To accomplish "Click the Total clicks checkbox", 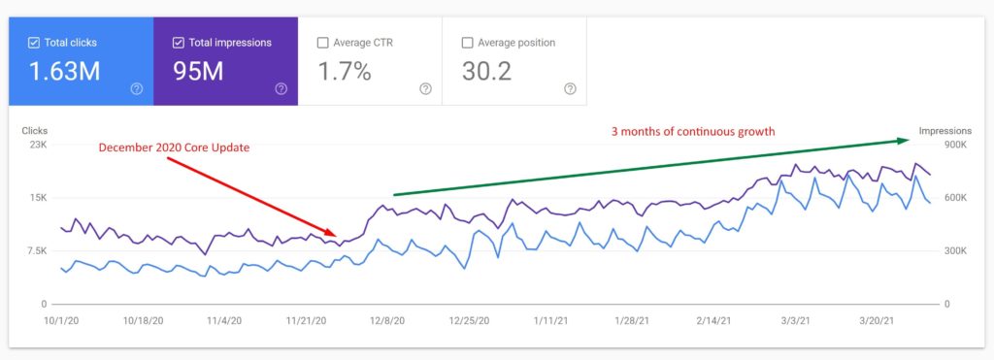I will point(34,43).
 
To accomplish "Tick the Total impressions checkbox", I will point(179,43).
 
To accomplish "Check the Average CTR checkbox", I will point(323,43).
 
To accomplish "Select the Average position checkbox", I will point(468,43).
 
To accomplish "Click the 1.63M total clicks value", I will point(63,71).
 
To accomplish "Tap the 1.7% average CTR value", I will point(345,71).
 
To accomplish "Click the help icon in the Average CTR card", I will point(425,88).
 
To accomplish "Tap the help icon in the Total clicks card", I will point(136,88).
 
